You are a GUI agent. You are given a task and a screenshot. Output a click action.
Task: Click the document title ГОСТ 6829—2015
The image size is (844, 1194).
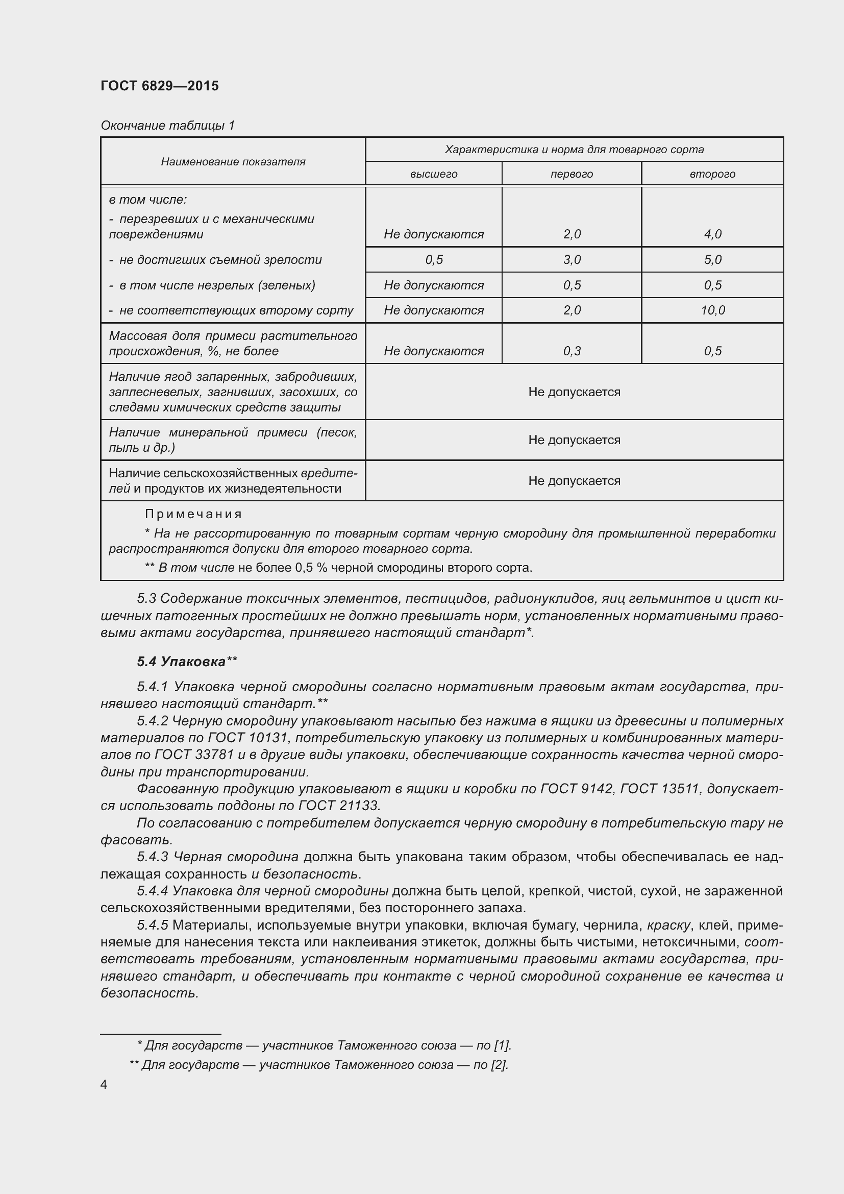tap(160, 86)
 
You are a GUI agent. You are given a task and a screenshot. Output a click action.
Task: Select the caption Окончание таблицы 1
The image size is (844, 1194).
tap(168, 126)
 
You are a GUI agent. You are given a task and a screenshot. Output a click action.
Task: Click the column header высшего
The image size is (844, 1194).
tap(433, 174)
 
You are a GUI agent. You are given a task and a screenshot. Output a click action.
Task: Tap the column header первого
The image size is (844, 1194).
tap(572, 174)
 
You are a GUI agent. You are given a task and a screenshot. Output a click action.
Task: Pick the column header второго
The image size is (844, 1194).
tap(712, 174)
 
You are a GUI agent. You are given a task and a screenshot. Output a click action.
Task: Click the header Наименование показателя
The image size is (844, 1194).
tap(233, 162)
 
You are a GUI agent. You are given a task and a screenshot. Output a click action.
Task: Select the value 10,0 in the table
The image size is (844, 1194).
tap(712, 310)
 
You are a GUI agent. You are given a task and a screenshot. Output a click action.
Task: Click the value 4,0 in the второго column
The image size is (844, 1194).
tap(712, 234)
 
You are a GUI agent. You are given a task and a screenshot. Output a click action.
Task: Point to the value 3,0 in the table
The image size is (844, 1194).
tap(572, 259)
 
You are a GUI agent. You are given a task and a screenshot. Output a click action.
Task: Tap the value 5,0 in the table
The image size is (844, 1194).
tap(712, 259)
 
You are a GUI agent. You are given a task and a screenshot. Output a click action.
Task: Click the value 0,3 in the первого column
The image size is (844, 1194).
tap(572, 351)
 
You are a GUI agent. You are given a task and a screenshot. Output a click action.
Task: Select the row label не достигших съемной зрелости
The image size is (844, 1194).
tap(220, 259)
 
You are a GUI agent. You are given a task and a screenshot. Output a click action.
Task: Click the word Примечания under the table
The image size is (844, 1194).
tap(193, 514)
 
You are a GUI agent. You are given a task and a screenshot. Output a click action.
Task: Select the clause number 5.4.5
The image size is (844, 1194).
tap(152, 925)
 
